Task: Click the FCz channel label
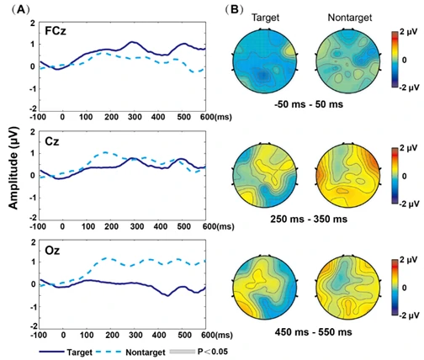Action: point(56,31)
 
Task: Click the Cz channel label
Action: point(52,141)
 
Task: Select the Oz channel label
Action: point(52,250)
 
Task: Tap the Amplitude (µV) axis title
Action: point(13,167)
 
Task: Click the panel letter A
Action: point(20,10)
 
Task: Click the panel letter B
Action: point(234,10)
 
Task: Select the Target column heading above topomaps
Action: point(265,18)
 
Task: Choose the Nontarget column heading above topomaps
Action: point(350,18)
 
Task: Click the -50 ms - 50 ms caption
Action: point(309,104)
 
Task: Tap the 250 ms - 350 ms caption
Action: point(309,219)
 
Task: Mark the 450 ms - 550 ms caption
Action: point(313,332)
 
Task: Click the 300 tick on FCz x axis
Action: point(135,117)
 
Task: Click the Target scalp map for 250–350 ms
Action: point(265,175)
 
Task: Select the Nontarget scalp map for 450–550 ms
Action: point(348,288)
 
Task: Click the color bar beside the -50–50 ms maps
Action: point(395,60)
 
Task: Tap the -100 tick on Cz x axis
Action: point(38,226)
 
